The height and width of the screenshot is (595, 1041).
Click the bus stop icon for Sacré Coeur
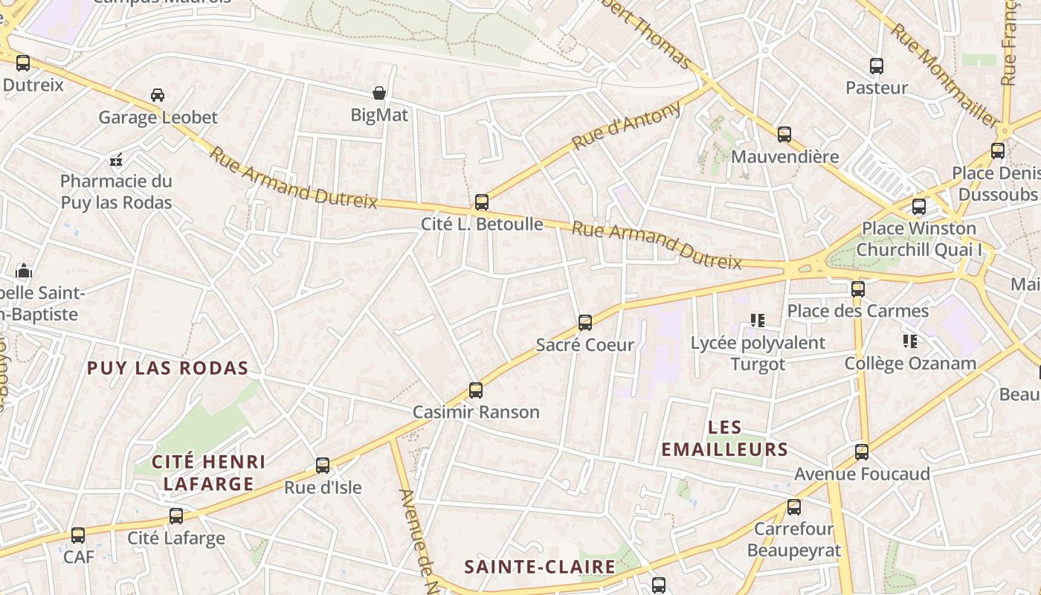(585, 323)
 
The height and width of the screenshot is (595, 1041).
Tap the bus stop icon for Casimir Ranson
(476, 390)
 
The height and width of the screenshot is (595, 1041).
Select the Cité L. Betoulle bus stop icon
(482, 202)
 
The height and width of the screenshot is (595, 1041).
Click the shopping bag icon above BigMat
(379, 93)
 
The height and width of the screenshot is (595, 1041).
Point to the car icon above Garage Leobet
(158, 95)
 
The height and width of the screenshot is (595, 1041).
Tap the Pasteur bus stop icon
(877, 66)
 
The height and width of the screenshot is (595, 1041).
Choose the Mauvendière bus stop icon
(784, 135)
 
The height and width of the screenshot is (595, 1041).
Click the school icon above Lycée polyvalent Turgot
(758, 321)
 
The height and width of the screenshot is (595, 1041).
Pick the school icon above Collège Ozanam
(909, 341)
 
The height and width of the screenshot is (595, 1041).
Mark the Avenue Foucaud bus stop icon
(862, 451)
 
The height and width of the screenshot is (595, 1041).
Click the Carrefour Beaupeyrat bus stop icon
(794, 507)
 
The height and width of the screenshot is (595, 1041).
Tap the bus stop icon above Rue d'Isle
(323, 466)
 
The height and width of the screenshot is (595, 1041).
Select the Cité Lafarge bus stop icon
(176, 515)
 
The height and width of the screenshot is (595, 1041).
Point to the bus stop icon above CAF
(78, 535)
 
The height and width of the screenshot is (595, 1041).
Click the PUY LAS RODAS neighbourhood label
(167, 368)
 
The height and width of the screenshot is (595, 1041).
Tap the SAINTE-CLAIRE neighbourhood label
(540, 567)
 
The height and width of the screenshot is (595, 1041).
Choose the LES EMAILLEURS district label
(724, 438)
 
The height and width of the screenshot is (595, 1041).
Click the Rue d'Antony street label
(626, 125)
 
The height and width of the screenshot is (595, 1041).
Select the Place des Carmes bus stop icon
(858, 289)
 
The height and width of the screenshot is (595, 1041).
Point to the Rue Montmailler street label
(944, 74)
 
